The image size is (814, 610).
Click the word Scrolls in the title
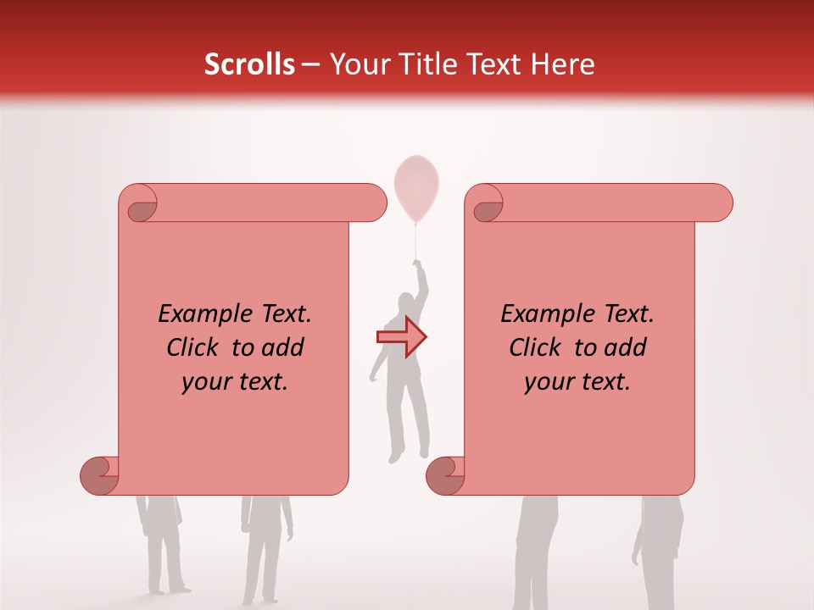[x=249, y=64]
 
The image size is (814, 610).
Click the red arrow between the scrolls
[x=402, y=337]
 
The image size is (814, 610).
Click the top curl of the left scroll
[x=140, y=204]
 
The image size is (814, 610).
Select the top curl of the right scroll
[x=487, y=204]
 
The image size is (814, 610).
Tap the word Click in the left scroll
[x=195, y=347]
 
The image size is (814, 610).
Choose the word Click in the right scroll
[x=536, y=347]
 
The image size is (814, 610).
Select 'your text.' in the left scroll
[x=235, y=381]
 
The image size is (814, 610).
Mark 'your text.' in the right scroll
[x=577, y=381]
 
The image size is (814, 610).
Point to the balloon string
[x=415, y=241]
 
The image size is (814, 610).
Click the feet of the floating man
[x=396, y=455]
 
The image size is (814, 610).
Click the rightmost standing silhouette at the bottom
[x=658, y=551]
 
